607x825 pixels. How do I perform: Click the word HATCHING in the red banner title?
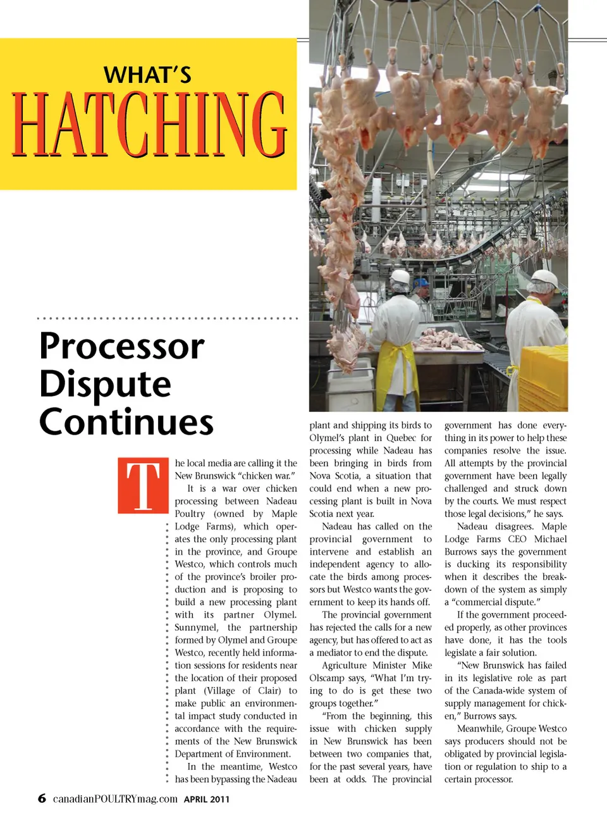pos(149,125)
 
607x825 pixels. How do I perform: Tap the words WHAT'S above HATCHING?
pos(148,75)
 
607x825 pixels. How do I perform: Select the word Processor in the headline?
pos(122,347)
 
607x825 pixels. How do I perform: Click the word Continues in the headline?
pos(126,422)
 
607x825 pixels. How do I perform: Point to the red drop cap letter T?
pos(144,485)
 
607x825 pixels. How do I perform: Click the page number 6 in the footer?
pos(42,798)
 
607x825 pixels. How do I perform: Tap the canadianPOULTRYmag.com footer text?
pos(115,799)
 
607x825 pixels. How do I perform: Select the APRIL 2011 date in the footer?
pos(207,799)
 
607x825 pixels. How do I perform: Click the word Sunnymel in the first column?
pos(196,628)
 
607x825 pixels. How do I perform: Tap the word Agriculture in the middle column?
pos(344,666)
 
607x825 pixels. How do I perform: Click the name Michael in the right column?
pos(551,539)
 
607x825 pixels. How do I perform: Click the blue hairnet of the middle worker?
pos(421,282)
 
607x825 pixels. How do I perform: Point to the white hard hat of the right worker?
pos(544,277)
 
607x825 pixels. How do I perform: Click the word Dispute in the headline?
pos(106,385)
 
